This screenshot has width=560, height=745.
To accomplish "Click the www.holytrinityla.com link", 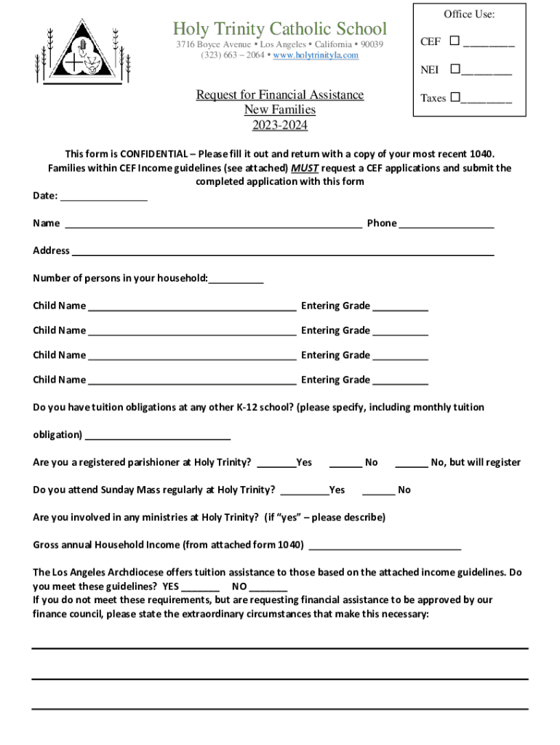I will click(x=316, y=55).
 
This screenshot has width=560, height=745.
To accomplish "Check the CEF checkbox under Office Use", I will click(x=455, y=41).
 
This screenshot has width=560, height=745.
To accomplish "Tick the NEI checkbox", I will click(x=455, y=70).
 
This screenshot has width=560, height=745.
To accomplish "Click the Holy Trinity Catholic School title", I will click(x=280, y=29).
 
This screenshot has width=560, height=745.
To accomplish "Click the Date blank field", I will click(x=103, y=196).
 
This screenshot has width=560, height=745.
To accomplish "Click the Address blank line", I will click(x=282, y=252).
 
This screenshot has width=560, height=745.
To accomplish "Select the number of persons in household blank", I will click(x=236, y=279).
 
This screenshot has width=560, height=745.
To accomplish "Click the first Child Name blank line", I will click(x=191, y=306).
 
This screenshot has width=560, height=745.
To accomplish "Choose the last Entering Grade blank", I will click(x=401, y=381).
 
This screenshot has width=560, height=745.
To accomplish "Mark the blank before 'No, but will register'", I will click(x=412, y=463).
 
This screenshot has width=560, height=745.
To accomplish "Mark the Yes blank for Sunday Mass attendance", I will click(x=304, y=490).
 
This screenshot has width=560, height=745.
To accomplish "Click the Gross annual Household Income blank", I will click(x=385, y=546).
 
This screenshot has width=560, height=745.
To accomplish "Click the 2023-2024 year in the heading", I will click(x=280, y=126).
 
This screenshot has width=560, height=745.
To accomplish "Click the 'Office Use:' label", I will click(x=469, y=15).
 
